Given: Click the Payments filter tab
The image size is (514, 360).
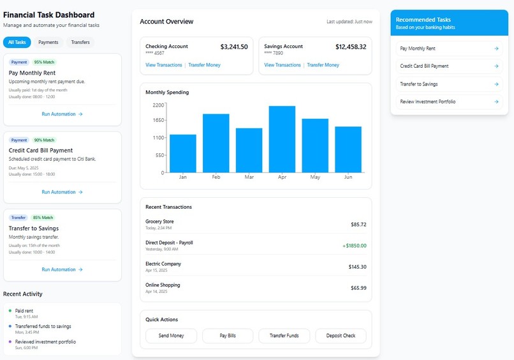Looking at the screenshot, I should pyautogui.click(x=48, y=42).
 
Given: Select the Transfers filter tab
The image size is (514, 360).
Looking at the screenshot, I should pyautogui.click(x=80, y=42).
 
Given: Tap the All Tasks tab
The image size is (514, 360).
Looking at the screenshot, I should pyautogui.click(x=17, y=42).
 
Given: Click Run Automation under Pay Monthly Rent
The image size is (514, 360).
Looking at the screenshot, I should pyautogui.click(x=62, y=114).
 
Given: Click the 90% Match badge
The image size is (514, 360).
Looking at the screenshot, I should pyautogui.click(x=45, y=140).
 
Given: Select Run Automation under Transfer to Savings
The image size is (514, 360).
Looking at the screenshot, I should pyautogui.click(x=62, y=269).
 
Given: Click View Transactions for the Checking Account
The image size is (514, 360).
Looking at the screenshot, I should pyautogui.click(x=164, y=65).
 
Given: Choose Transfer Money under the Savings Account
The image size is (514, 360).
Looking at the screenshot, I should pyautogui.click(x=323, y=65).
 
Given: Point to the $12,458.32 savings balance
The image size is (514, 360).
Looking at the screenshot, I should pyautogui.click(x=351, y=47).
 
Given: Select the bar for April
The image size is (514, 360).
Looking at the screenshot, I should pyautogui.click(x=282, y=139).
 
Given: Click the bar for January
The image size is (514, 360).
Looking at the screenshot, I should pyautogui.click(x=183, y=153).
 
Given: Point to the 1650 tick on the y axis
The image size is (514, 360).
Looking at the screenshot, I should pyautogui.click(x=158, y=120).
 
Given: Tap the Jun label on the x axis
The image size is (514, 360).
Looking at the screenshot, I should pyautogui.click(x=348, y=177).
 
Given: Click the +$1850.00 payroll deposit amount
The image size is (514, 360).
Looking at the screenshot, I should pyautogui.click(x=354, y=245).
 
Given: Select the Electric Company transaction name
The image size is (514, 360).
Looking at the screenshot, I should pyautogui.click(x=163, y=264).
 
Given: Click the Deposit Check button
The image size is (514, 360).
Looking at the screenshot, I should pyautogui.click(x=341, y=336).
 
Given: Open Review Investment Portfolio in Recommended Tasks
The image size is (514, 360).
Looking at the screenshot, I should pyautogui.click(x=428, y=101).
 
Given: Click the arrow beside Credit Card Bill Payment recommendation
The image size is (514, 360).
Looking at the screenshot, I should pyautogui.click(x=496, y=66).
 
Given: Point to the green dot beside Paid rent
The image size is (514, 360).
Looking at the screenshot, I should pyautogui.click(x=10, y=311).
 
